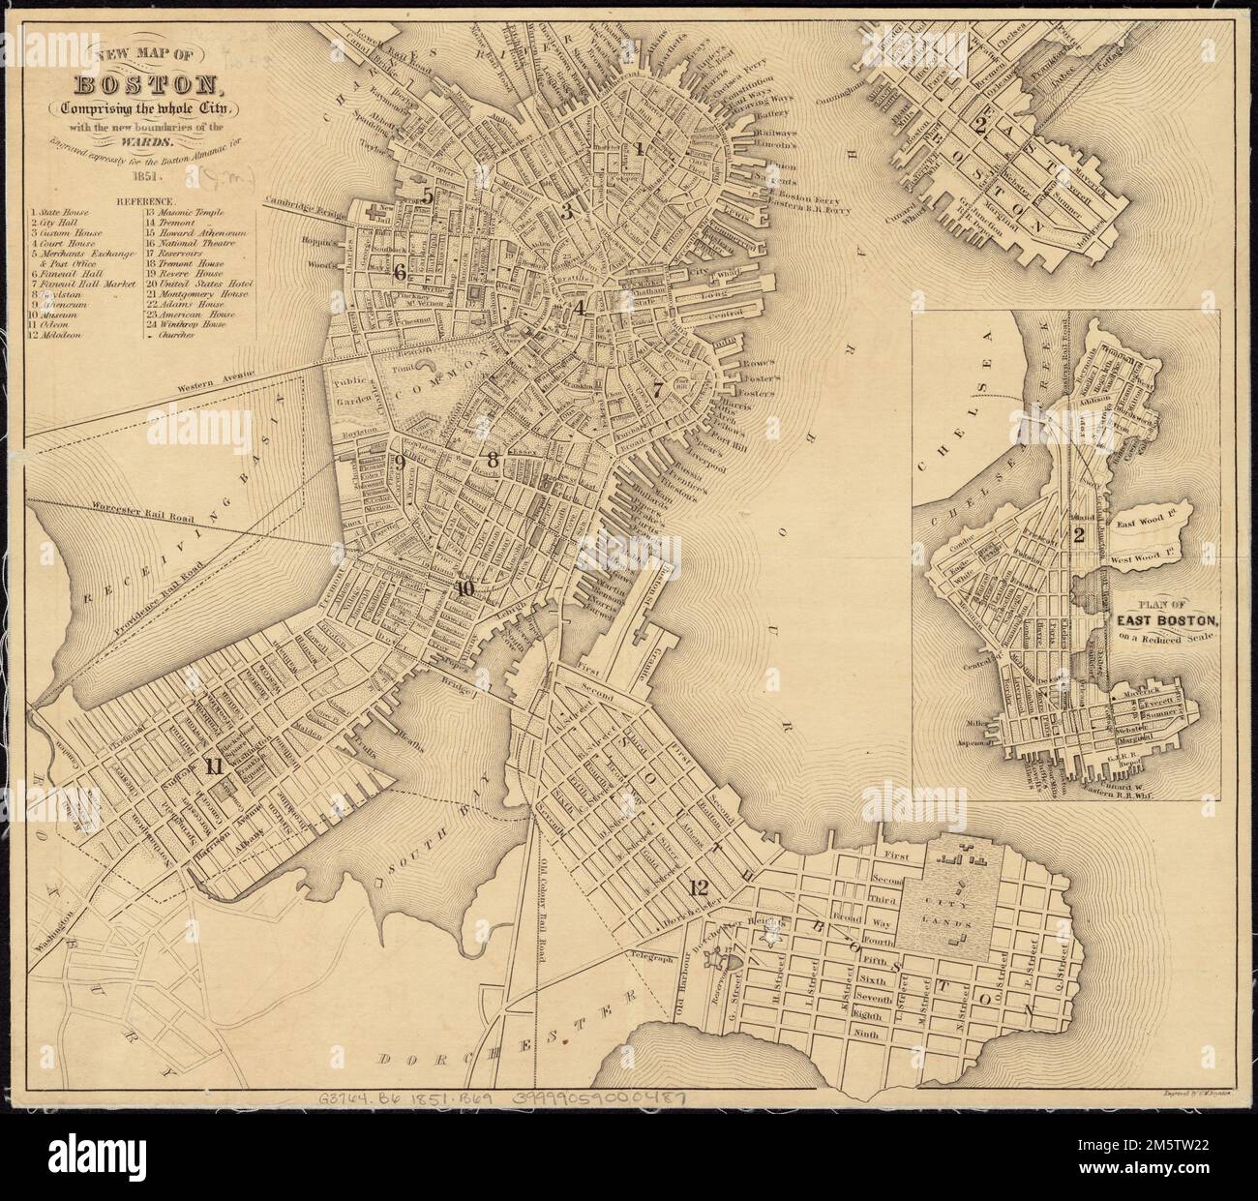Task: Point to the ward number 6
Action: (399, 273)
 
